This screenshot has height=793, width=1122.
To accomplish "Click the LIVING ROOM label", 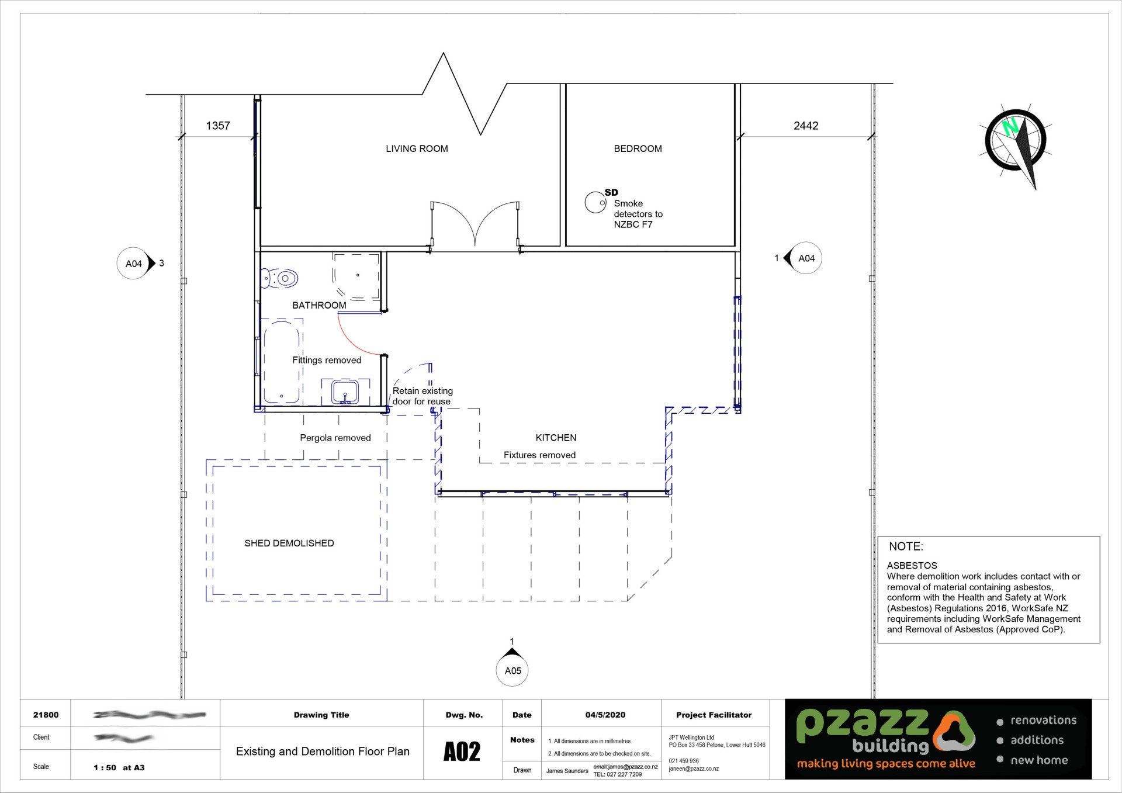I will pyautogui.click(x=417, y=148).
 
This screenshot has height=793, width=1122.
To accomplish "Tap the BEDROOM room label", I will pyautogui.click(x=638, y=148).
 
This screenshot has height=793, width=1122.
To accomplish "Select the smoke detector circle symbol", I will pyautogui.click(x=595, y=202).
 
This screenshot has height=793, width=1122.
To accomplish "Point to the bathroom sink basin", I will pyautogui.click(x=345, y=392).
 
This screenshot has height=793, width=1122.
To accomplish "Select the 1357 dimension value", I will pyautogui.click(x=218, y=126).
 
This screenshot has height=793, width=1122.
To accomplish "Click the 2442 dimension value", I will pyautogui.click(x=805, y=126).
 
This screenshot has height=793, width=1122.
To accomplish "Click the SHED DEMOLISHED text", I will pyautogui.click(x=289, y=543).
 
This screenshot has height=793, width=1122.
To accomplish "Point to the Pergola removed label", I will pyautogui.click(x=335, y=438).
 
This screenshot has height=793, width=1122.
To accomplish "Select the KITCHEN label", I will pyautogui.click(x=556, y=437).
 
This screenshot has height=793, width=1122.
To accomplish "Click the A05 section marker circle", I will pyautogui.click(x=512, y=670).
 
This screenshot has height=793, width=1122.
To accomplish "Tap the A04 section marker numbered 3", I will pyautogui.click(x=134, y=264).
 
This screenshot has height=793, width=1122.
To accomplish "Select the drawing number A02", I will pyautogui.click(x=462, y=752).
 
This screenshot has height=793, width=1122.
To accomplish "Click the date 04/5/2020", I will pyautogui.click(x=605, y=715).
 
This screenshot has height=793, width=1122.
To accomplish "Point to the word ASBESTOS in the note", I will pyautogui.click(x=912, y=565).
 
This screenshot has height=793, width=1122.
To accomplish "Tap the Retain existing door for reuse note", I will pyautogui.click(x=422, y=396).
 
